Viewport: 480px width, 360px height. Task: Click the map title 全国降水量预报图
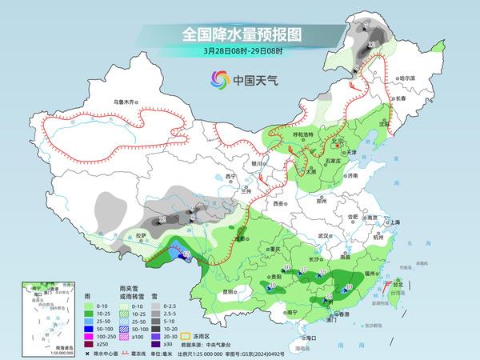[x=239, y=34]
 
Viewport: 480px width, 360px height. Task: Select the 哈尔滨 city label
[x=407, y=78]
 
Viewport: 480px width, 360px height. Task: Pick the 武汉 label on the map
[x=323, y=236]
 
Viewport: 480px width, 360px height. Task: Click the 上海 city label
[x=393, y=222]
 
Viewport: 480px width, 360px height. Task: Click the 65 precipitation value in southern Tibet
[x=186, y=255]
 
